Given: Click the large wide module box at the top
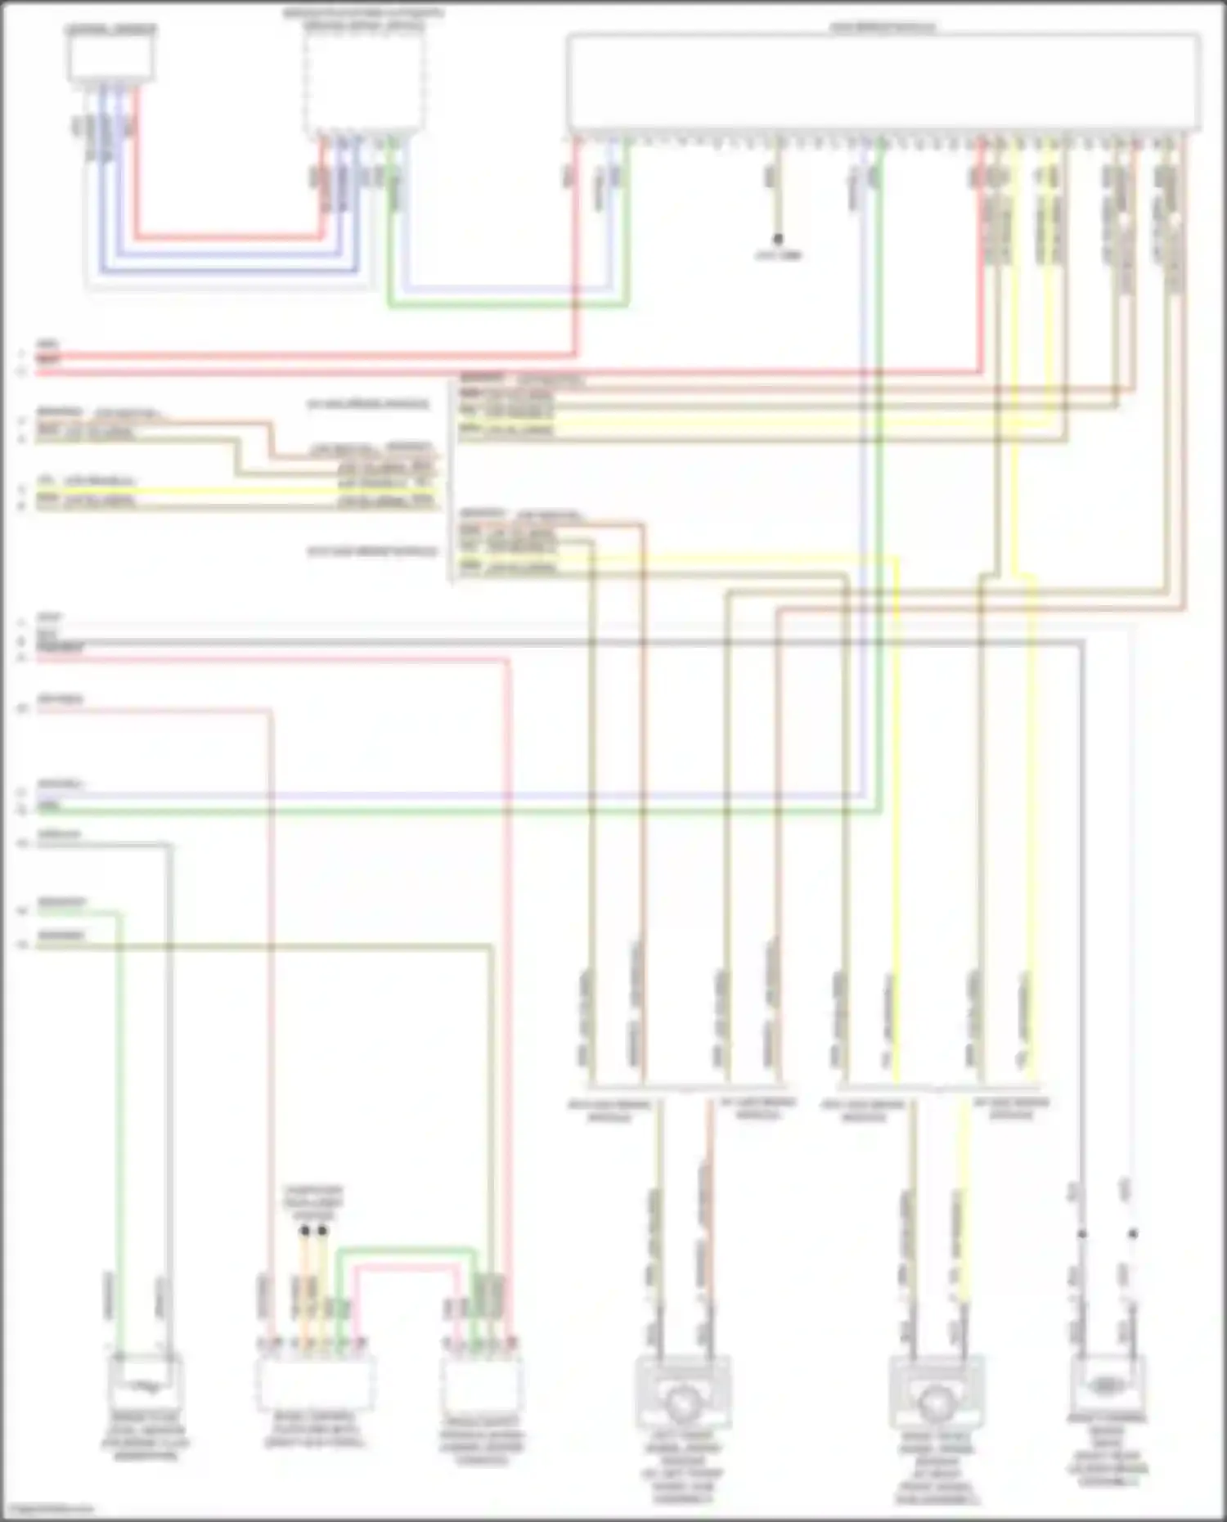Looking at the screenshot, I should pos(883,82).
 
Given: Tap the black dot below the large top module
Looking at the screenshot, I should pos(778,239).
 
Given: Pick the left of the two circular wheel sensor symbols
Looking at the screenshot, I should pos(681,1403).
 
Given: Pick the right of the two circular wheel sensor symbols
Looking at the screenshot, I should pos(935,1403).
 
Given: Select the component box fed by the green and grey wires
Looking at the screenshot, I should pos(145,1382).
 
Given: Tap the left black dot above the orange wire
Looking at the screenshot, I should pos(304,1230).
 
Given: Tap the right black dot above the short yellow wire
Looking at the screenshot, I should pos(323,1230).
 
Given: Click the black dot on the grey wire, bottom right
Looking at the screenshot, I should pos(1081,1233).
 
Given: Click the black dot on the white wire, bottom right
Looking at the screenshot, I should pos(1133,1233).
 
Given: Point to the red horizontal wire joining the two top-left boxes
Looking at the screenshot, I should pos(229,238).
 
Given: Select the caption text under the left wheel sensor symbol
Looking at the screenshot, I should pos(681,1468).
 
